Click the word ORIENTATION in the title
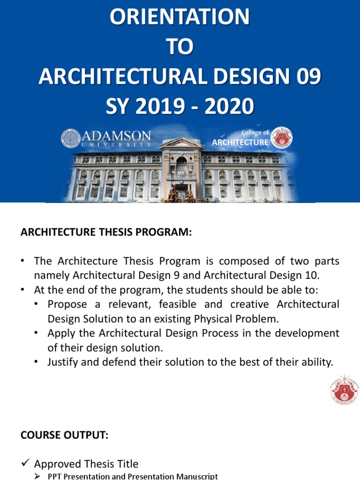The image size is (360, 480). tap(180, 17)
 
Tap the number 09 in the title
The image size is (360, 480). tap(307, 77)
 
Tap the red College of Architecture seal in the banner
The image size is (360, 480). tap(282, 138)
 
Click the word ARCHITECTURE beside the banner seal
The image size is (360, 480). tap(240, 142)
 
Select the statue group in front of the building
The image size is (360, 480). tap(180, 193)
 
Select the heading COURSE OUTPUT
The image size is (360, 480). tap(64, 435)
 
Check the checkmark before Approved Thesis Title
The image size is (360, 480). tap(26, 464)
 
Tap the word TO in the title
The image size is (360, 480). tap(180, 47)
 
